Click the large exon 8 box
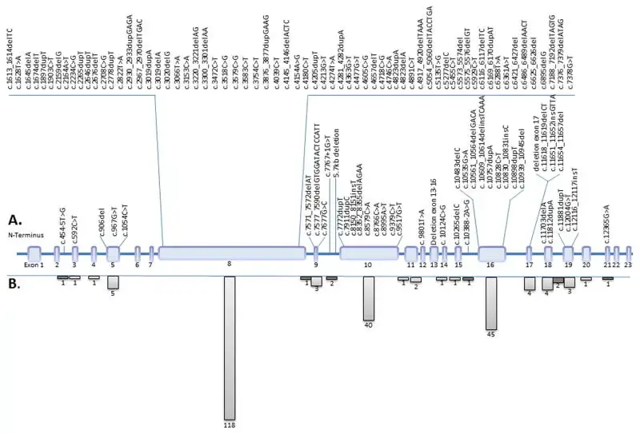232,253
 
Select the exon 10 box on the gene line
369,253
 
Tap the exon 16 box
491,253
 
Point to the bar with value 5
113,282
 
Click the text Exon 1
33,264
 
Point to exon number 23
628,264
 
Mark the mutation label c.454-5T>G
61,221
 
